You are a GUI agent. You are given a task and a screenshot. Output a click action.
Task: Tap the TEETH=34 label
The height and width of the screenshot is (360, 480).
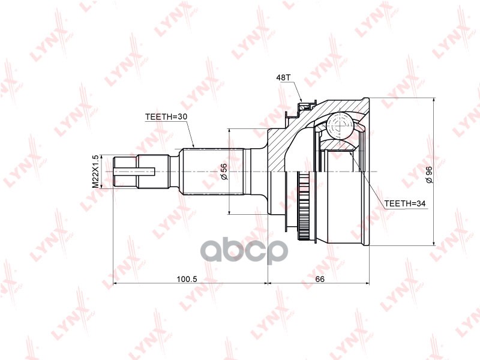click(404, 204)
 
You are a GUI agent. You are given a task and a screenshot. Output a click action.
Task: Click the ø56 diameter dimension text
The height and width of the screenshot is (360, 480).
click(224, 172)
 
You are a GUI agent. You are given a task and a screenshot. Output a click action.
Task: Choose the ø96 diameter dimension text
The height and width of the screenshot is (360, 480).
click(428, 172)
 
